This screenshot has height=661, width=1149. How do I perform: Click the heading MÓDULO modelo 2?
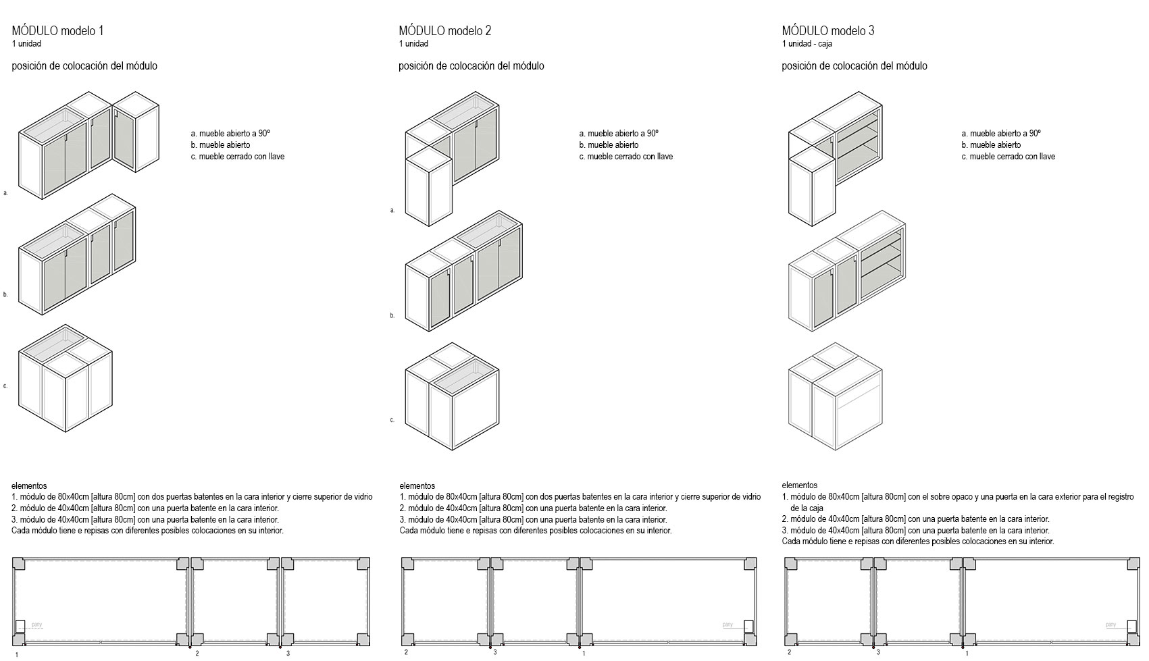(444, 30)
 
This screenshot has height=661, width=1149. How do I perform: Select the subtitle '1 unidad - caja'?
(807, 44)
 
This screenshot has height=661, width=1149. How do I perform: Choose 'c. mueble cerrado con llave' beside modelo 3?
(1008, 157)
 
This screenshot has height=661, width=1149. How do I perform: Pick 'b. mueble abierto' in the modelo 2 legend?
(609, 145)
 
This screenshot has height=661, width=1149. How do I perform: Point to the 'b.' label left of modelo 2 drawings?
(392, 315)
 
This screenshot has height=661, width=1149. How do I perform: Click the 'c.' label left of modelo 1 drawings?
(5, 386)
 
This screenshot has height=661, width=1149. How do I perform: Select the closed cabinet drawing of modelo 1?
(66, 379)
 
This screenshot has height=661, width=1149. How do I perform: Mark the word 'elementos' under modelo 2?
(417, 485)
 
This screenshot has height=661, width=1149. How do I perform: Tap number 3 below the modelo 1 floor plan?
(288, 654)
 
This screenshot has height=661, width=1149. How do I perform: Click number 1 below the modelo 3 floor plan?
(967, 654)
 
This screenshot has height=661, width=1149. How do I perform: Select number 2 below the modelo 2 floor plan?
(406, 652)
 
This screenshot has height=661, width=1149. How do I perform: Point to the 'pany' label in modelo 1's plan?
(37, 625)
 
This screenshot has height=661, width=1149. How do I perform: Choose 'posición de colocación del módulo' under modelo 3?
(854, 66)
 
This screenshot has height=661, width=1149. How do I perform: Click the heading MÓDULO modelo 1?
(57, 30)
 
